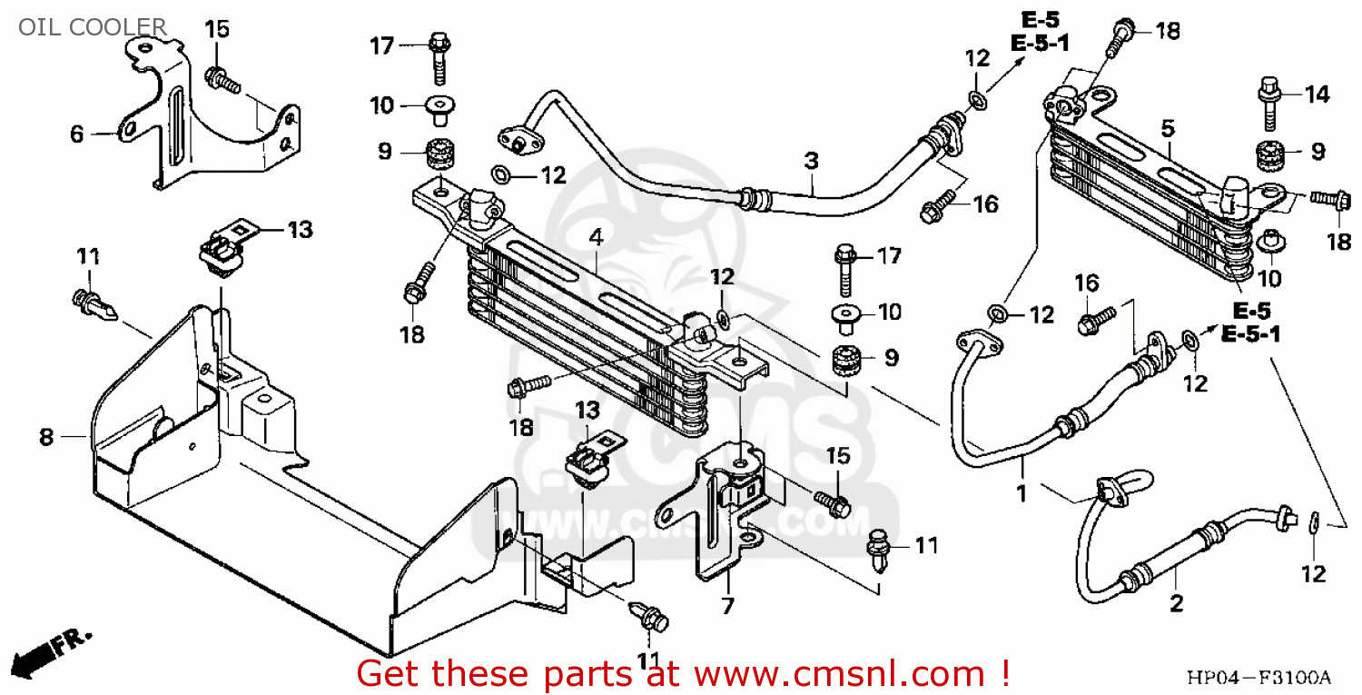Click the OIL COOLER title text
tap(93, 26)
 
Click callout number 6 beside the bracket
tap(77, 134)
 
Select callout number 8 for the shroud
tap(46, 438)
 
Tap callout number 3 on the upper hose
tap(811, 161)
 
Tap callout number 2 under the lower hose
tap(1177, 603)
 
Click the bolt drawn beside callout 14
tap(1268, 104)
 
